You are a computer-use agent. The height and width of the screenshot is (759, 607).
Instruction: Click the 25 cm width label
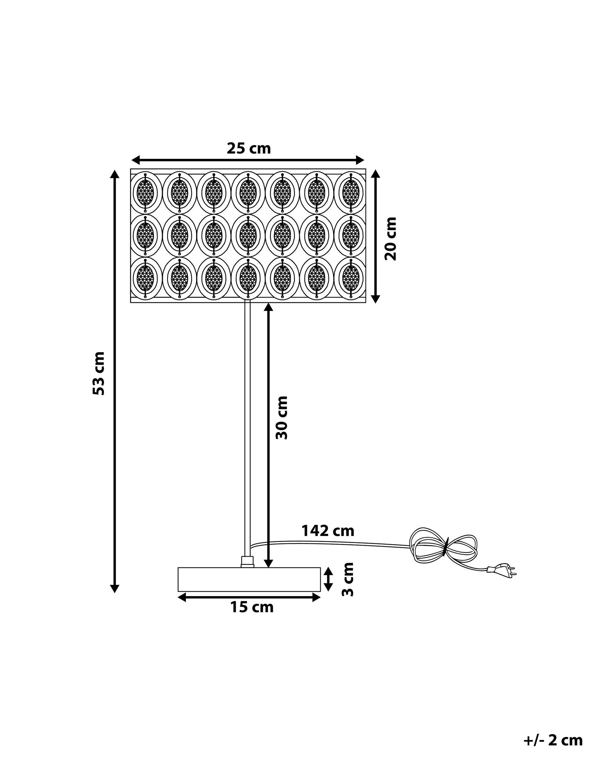point(249,148)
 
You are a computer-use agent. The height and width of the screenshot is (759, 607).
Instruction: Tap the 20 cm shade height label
point(390,238)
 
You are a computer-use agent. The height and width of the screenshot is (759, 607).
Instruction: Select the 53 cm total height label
point(98,373)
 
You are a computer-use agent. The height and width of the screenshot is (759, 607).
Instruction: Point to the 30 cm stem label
point(282,418)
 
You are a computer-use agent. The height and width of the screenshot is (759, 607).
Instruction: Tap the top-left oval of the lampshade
point(145,193)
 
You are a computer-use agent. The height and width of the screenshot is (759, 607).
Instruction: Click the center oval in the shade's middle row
point(248,235)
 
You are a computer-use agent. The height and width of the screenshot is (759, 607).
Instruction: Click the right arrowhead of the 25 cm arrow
point(360,160)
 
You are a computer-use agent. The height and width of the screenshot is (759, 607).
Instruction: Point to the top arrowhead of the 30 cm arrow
point(268,307)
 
